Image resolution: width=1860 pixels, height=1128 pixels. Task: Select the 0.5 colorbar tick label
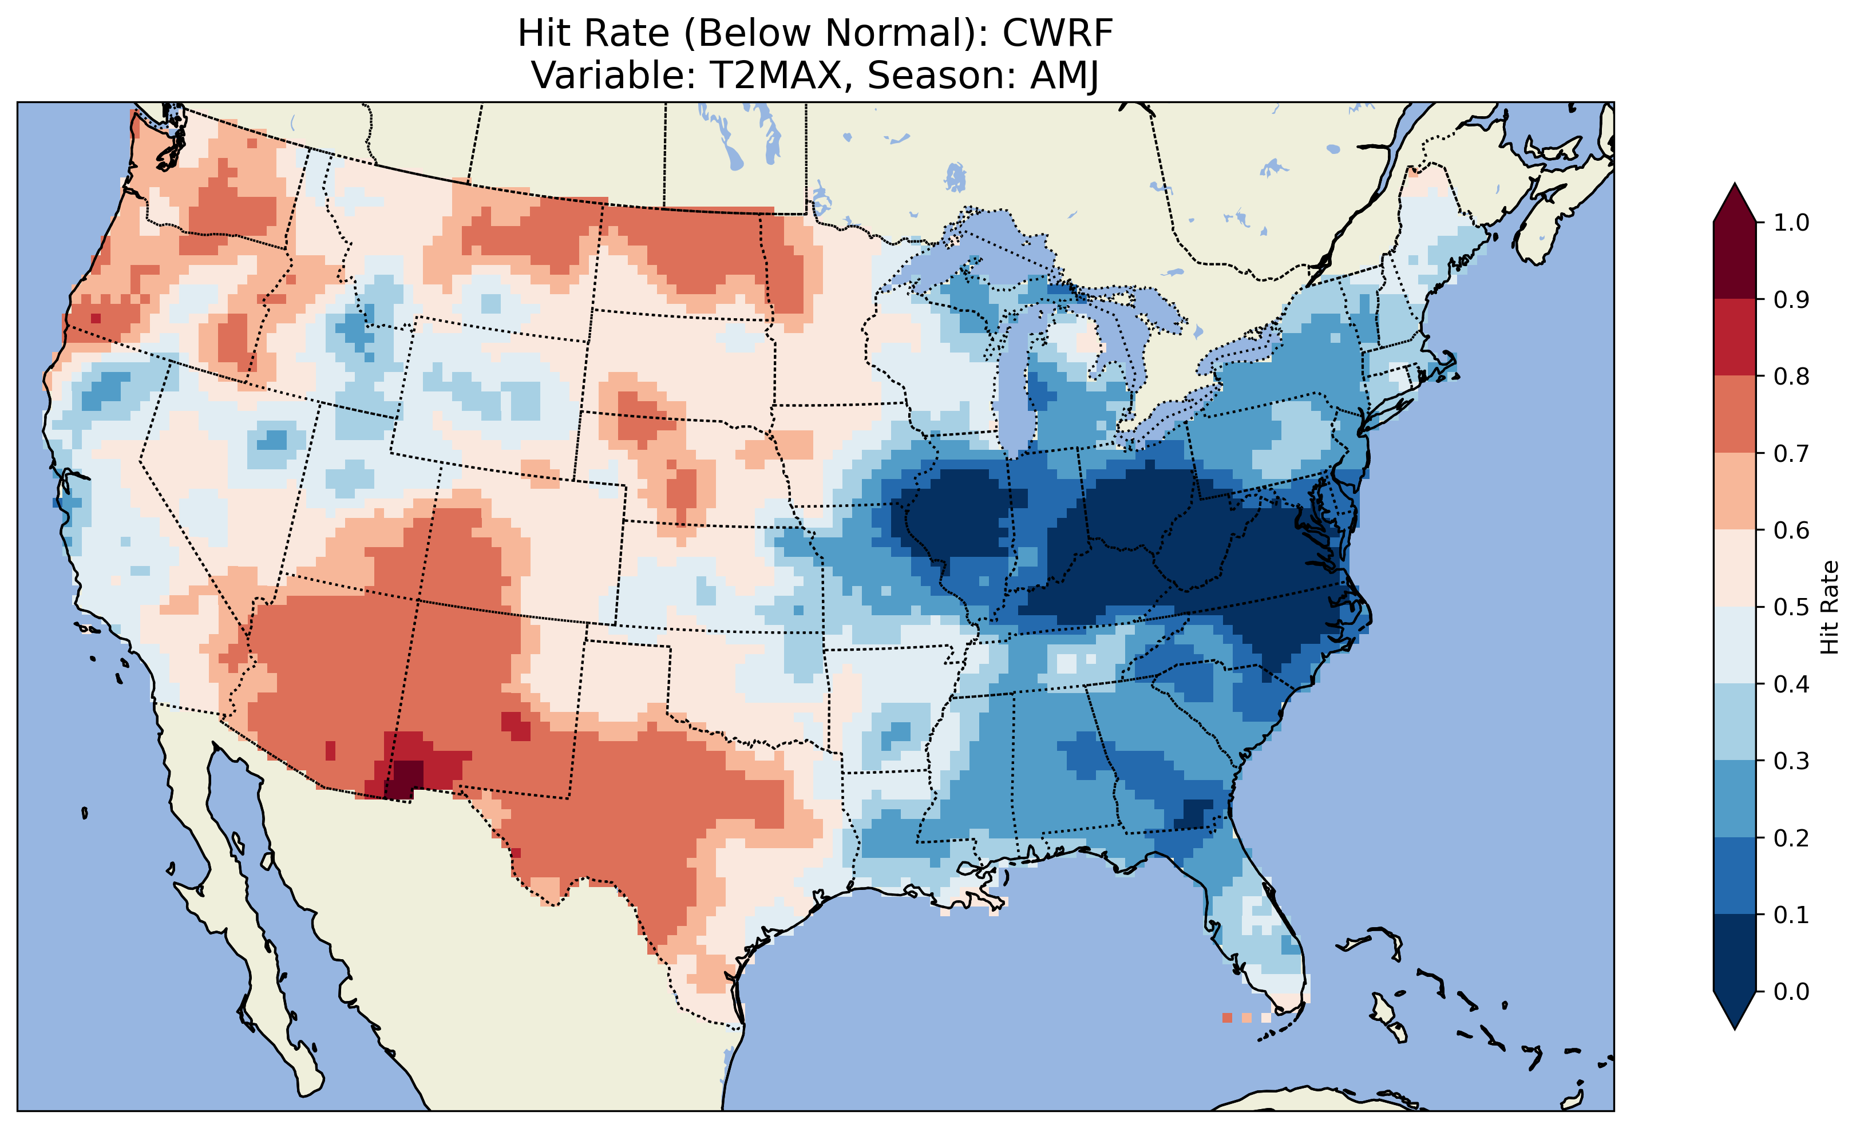coord(1791,607)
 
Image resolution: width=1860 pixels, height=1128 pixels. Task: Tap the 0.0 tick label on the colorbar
coord(1791,991)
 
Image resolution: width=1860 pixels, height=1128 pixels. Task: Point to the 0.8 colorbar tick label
coord(1791,376)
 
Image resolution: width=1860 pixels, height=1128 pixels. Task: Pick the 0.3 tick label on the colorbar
coord(1791,761)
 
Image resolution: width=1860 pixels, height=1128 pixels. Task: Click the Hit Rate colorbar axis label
coord(1829,607)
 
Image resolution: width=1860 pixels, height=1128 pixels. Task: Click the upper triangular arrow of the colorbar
coord(1735,204)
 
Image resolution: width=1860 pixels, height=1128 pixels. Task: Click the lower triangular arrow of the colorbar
coord(1735,1010)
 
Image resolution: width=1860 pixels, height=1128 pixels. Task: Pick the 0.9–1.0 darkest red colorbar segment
coord(1735,260)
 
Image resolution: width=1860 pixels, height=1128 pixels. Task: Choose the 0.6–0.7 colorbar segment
coord(1735,492)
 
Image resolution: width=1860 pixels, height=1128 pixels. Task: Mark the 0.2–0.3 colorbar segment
coord(1735,799)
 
